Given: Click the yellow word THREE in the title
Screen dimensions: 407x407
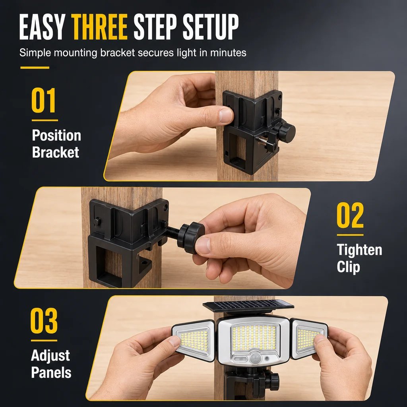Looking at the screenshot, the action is coord(99,27).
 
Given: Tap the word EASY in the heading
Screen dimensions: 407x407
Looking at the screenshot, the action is coord(42,27).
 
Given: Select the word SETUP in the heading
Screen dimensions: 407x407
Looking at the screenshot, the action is coord(211,27).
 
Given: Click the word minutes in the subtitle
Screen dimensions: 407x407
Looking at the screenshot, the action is coord(228,53).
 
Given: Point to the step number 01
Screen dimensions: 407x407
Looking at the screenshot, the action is coord(44,100).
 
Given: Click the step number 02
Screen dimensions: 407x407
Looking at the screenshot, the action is coord(350,215).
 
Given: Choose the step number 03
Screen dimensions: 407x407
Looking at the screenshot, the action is coord(44,321).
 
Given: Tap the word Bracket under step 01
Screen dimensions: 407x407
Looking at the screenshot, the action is coord(56,152).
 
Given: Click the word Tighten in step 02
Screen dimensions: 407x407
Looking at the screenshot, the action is coord(359,250).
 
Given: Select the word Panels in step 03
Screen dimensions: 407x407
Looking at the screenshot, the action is coord(51,372).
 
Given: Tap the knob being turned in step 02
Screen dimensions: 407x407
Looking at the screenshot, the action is coord(190,238).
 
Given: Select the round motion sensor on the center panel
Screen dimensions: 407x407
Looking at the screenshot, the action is coord(256,359).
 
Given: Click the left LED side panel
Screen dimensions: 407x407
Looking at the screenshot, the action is coord(194,341).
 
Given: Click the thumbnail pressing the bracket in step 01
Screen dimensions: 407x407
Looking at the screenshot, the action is coord(225,115).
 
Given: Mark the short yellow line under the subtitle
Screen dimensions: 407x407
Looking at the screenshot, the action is coord(35,68).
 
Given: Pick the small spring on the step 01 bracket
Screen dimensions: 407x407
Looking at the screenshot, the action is coord(262,141).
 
